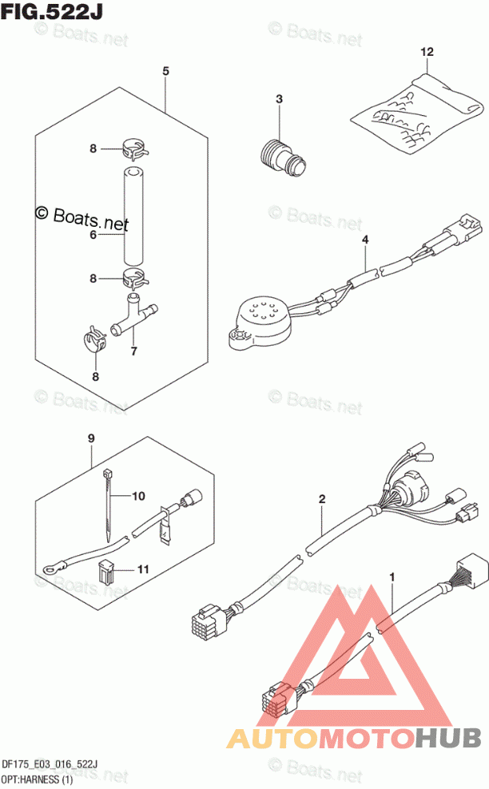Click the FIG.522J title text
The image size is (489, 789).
click(51, 10)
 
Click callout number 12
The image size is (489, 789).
click(427, 51)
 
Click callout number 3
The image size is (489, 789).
click(279, 99)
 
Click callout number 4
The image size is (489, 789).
click(365, 240)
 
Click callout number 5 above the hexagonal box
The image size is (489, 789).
click(165, 71)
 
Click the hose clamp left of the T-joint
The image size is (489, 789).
click(94, 339)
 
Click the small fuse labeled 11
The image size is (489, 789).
click(105, 569)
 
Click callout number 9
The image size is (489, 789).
click(91, 438)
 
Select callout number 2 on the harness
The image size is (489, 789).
click(322, 498)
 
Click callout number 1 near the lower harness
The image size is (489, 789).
click(392, 576)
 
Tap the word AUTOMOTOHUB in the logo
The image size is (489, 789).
click(354, 738)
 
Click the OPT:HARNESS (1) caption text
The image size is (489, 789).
click(38, 779)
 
